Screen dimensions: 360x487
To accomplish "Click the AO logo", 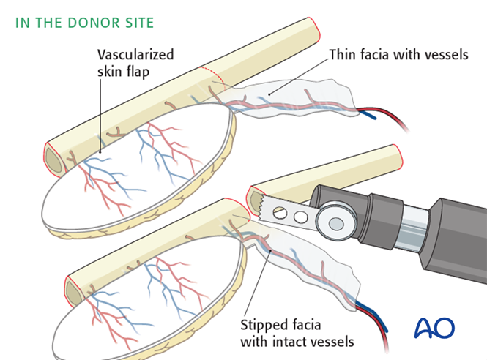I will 434,327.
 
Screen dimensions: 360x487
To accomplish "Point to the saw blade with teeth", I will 285,212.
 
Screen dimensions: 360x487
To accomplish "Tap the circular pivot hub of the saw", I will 337,222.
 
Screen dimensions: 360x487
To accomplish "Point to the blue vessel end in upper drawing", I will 373,115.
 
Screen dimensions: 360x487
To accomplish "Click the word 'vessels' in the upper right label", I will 445,54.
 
